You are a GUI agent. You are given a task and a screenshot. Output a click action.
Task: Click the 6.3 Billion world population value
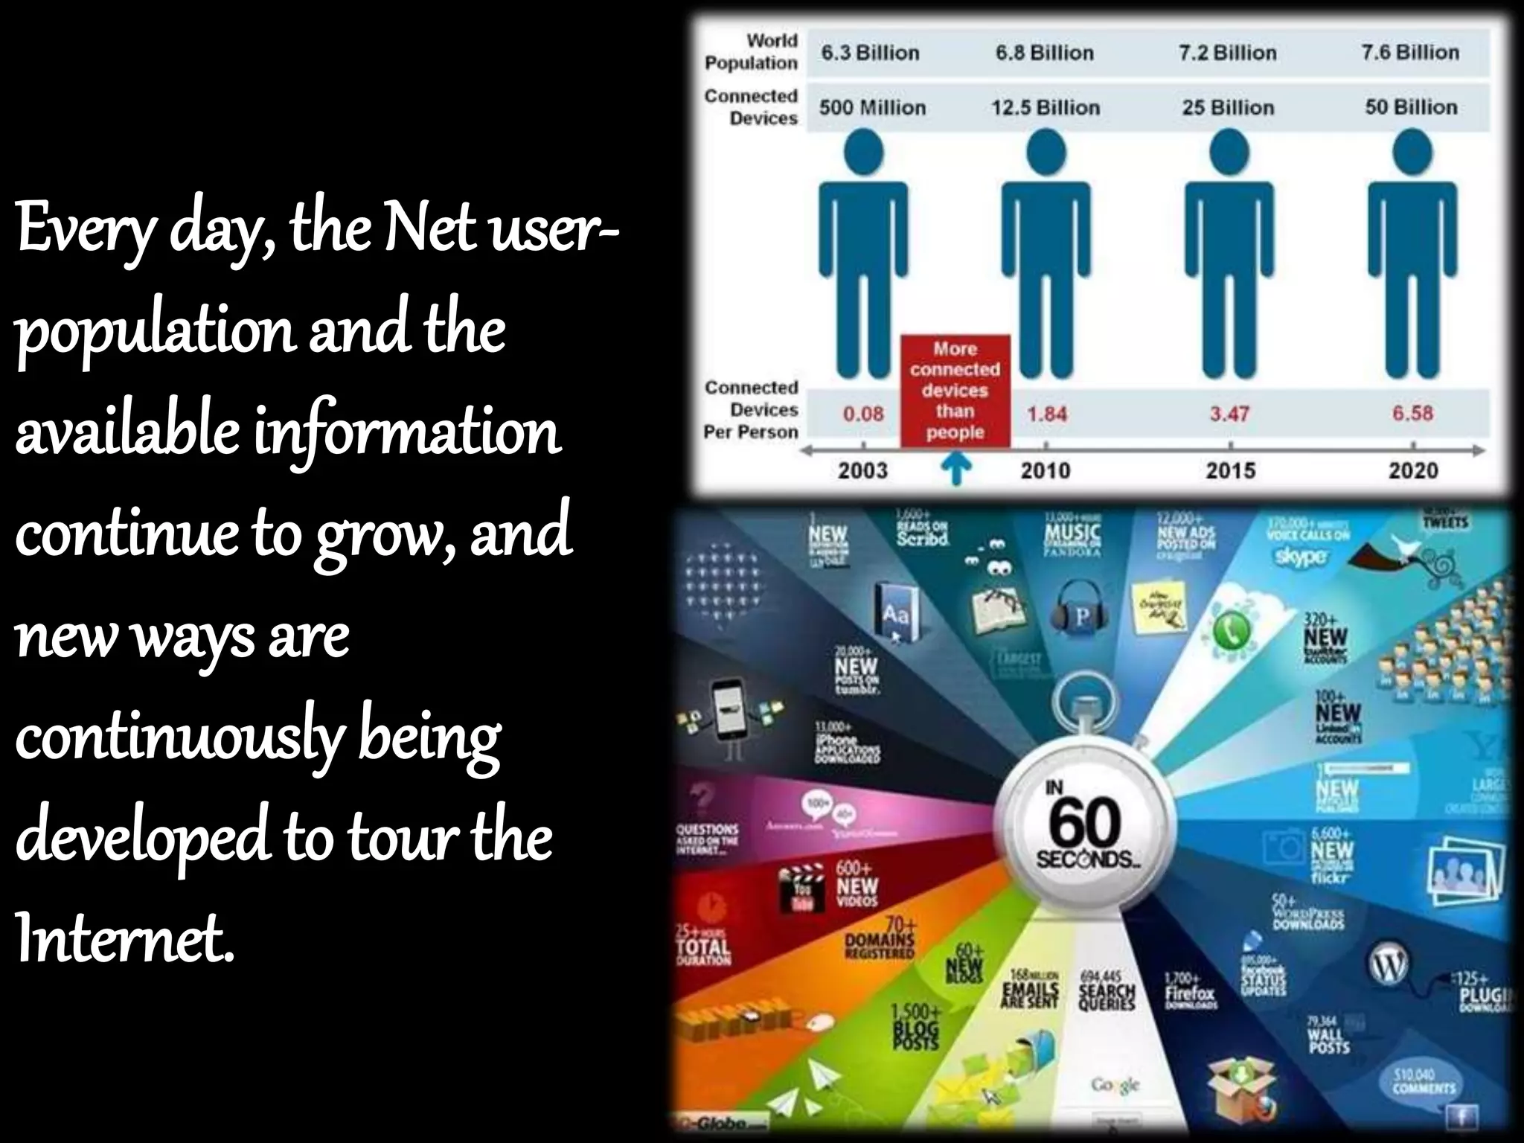[870, 53]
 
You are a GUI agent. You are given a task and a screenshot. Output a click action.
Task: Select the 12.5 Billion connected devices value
[1045, 108]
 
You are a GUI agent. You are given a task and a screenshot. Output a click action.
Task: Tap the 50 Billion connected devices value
[1411, 107]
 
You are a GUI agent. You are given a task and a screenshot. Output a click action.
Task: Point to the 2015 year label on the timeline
[1230, 470]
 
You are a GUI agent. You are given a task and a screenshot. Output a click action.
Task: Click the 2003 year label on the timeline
[862, 470]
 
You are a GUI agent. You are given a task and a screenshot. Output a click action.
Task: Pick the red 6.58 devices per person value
[1412, 413]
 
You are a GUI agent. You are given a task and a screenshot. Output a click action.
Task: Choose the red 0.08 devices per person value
[863, 413]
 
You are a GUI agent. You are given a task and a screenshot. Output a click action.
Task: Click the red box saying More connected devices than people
[955, 391]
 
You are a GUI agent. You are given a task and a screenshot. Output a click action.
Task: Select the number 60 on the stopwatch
[1085, 822]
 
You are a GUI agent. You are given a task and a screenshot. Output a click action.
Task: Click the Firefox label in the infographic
[1189, 993]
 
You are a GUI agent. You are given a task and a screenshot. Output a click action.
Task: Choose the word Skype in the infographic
[1301, 556]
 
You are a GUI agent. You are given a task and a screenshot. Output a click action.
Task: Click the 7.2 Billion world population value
[1227, 53]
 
